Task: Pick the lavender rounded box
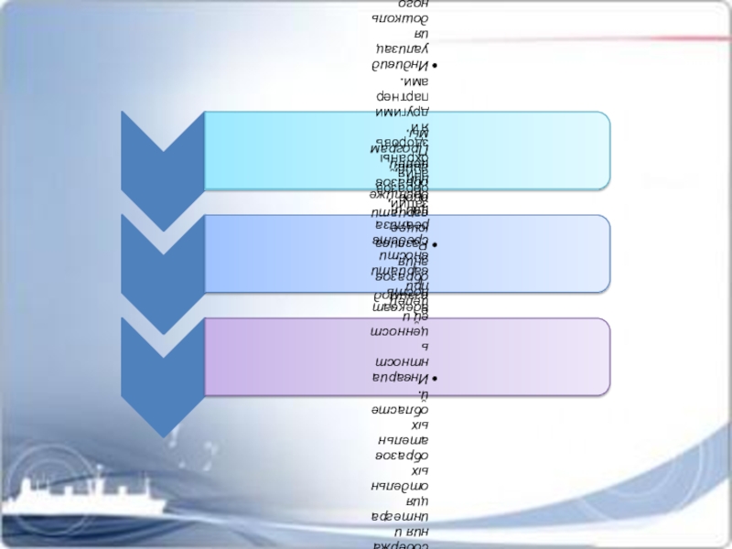pyautogui.click(x=512, y=357)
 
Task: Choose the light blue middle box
pyautogui.click(x=512, y=253)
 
